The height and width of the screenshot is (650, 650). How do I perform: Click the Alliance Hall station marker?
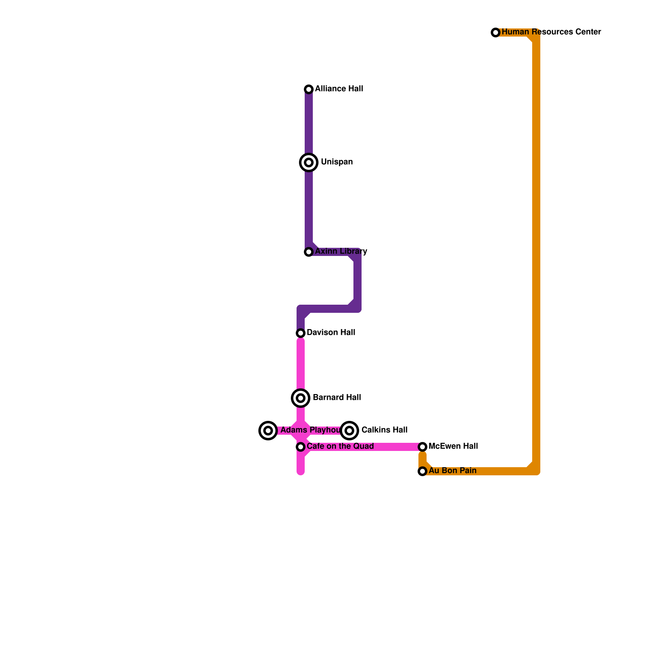(309, 89)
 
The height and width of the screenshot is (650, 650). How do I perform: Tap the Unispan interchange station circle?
(309, 162)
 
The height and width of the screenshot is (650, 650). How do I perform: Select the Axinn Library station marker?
(309, 252)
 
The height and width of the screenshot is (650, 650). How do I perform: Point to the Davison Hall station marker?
(301, 333)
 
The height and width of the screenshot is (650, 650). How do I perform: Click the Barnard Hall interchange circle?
(301, 398)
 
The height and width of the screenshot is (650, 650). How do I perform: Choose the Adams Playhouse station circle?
(268, 431)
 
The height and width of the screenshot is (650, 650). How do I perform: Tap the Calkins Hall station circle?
(349, 431)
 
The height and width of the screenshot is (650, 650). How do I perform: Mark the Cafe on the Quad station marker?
(301, 447)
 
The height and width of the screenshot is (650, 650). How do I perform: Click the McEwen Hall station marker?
(422, 447)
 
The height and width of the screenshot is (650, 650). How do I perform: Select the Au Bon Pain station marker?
(422, 471)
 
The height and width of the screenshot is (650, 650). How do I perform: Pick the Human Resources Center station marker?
(496, 32)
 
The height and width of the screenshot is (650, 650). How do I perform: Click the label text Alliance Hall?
(339, 89)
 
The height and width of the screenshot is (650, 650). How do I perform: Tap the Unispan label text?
(337, 162)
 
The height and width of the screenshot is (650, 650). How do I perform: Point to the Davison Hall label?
(331, 332)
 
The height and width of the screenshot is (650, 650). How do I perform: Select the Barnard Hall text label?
(337, 397)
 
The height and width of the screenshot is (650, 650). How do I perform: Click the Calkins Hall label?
(384, 430)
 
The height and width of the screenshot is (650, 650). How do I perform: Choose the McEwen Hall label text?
(453, 446)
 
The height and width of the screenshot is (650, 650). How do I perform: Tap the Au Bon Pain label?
(453, 470)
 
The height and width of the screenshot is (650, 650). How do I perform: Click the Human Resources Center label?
(551, 32)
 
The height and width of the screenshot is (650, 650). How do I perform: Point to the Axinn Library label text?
(341, 251)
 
